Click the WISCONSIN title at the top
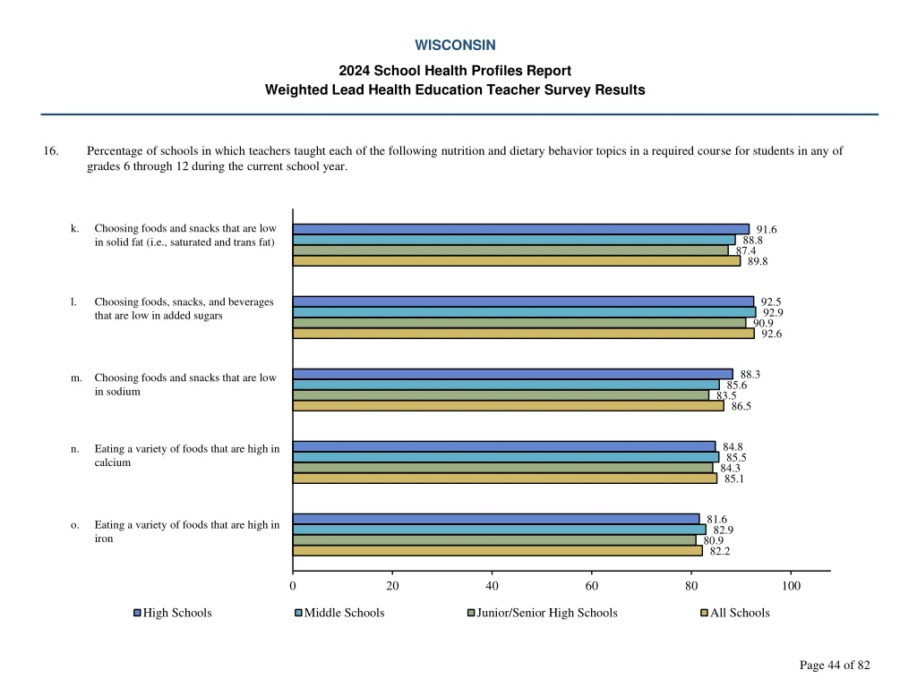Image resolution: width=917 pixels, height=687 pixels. click(455, 45)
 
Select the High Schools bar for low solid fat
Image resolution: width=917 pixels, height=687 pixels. click(520, 229)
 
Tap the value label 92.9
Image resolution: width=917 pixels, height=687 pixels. click(773, 312)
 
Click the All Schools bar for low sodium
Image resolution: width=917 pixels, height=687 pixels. click(508, 406)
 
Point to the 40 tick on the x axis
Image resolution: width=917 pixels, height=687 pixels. click(492, 586)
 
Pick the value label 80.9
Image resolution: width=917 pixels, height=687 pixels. click(713, 540)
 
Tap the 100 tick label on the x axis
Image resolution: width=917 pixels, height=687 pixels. click(791, 586)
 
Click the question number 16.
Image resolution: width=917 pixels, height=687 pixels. click(51, 151)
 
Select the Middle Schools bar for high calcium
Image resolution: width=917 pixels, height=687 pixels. click(505, 457)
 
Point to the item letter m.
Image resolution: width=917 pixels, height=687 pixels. click(76, 377)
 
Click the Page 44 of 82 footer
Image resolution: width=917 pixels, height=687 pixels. click(835, 665)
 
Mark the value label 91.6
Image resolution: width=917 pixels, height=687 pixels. click(767, 230)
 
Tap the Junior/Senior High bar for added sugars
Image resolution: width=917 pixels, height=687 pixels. click(518, 323)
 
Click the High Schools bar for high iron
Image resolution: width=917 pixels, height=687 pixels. click(495, 519)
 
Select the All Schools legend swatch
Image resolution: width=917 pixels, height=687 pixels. click(704, 613)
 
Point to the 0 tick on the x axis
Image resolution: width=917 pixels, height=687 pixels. click(293, 586)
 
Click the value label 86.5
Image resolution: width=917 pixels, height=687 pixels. click(741, 406)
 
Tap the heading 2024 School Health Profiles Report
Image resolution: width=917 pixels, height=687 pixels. click(455, 71)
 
